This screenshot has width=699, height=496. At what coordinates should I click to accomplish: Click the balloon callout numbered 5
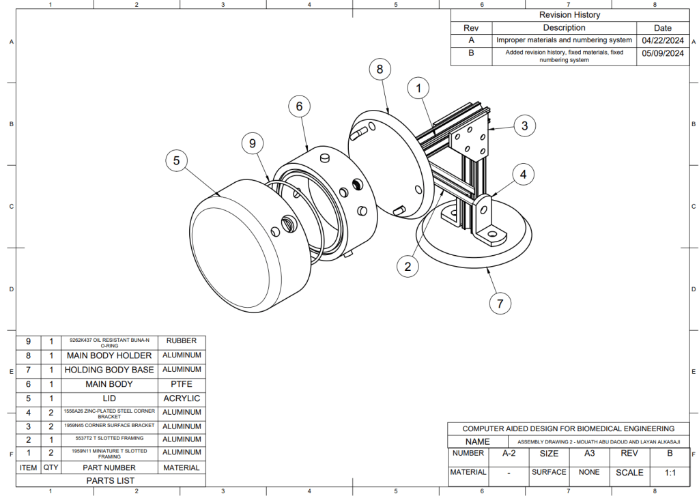click(x=176, y=161)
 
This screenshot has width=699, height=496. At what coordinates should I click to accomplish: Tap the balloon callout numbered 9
click(x=253, y=143)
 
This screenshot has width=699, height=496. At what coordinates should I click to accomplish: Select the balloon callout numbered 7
click(x=500, y=303)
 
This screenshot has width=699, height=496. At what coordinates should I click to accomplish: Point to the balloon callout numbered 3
click(x=524, y=126)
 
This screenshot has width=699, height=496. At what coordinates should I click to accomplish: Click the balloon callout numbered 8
click(x=380, y=69)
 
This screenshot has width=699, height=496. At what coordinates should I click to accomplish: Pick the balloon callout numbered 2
click(x=408, y=266)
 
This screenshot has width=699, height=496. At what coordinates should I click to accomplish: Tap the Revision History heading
click(x=569, y=15)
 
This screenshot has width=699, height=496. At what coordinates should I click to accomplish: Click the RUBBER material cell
click(x=181, y=341)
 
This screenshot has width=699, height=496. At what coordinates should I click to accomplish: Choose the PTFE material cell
click(x=181, y=384)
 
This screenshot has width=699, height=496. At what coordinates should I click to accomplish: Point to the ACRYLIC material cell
click(x=181, y=398)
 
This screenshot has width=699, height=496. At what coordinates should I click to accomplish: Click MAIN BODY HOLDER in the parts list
click(x=109, y=355)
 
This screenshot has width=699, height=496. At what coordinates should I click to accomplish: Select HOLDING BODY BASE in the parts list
click(x=109, y=370)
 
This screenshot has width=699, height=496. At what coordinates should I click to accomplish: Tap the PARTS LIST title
click(x=109, y=480)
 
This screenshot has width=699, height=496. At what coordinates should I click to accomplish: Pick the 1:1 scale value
click(x=669, y=472)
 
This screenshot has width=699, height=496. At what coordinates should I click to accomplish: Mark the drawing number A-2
click(x=509, y=453)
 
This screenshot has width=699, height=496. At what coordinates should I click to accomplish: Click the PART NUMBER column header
click(x=109, y=468)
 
